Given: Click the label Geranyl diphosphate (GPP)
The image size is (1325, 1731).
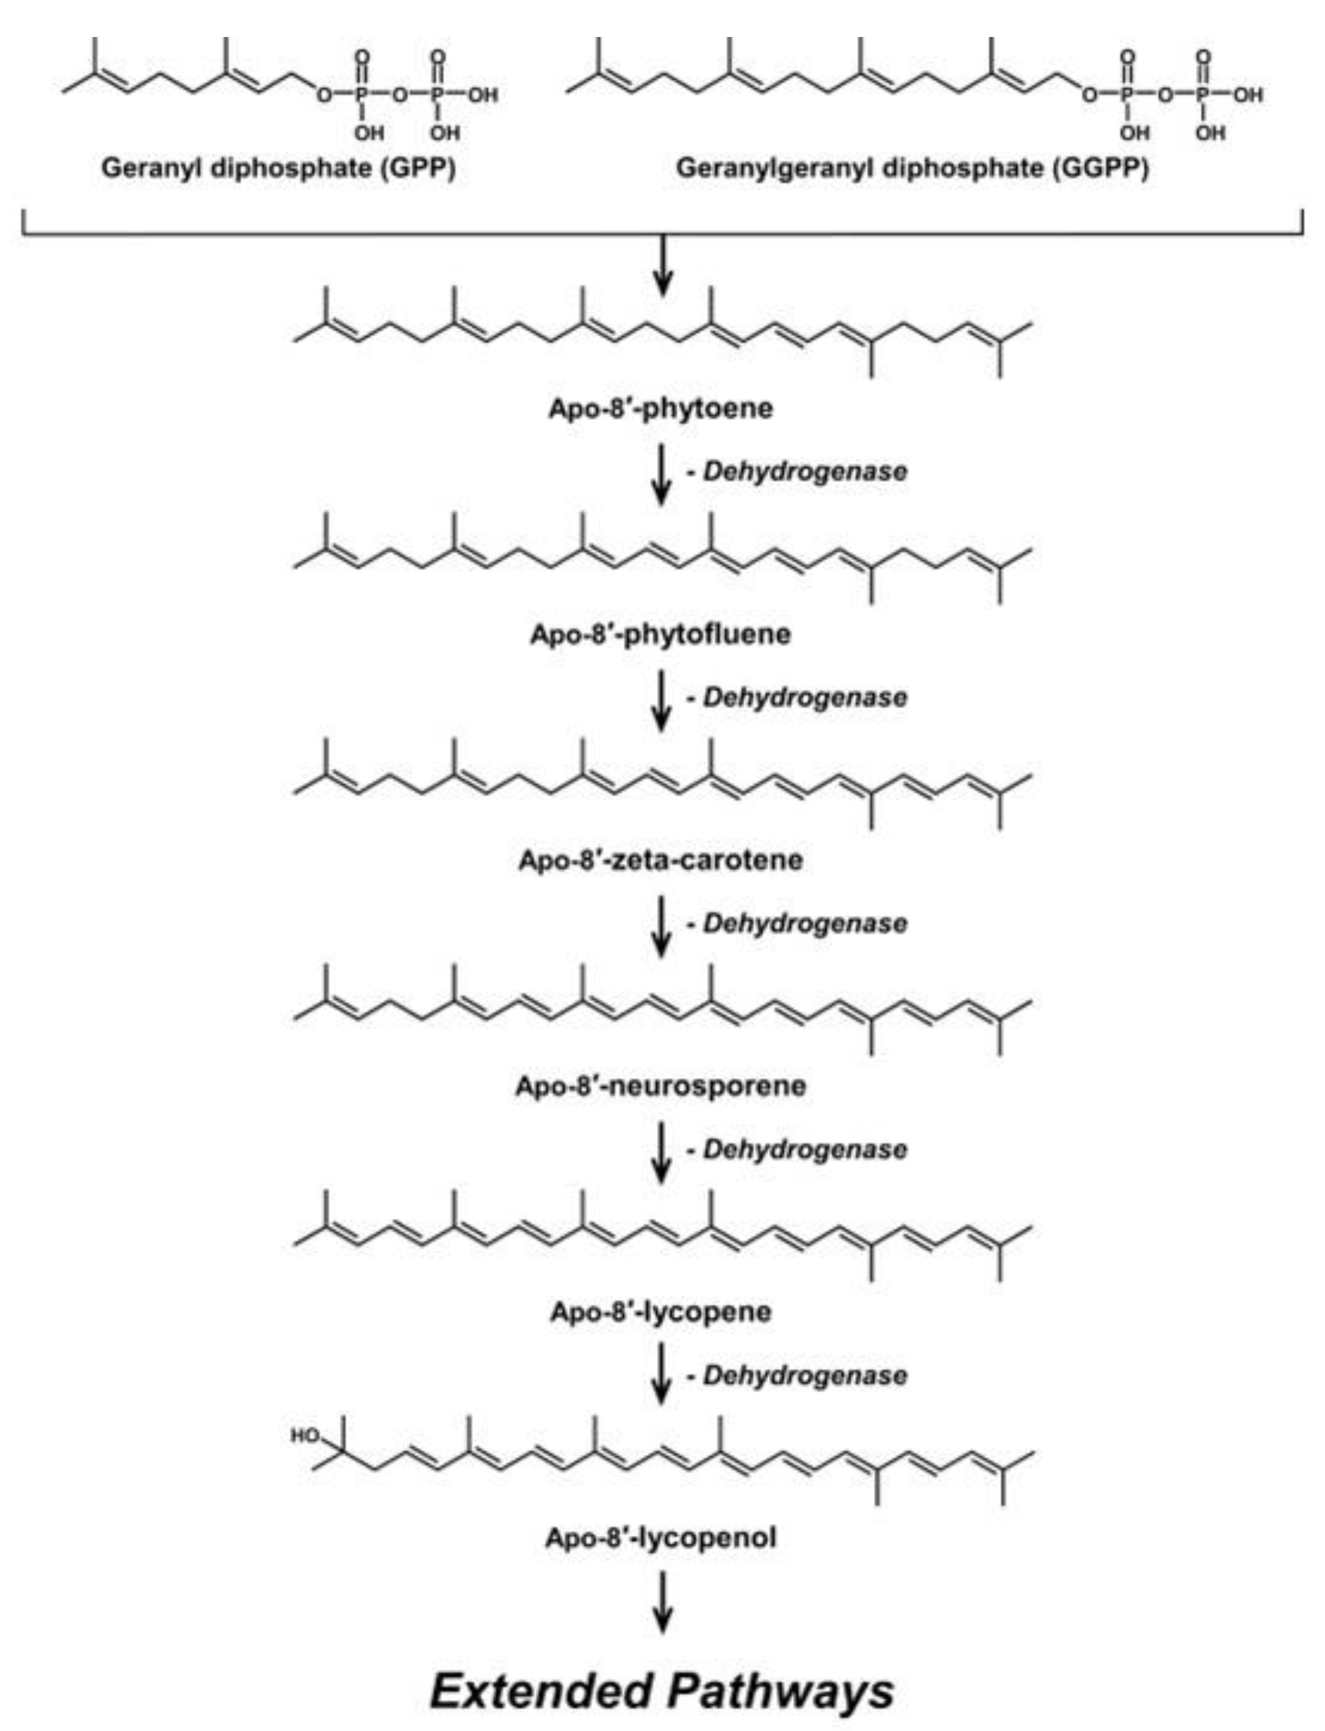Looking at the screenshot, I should [278, 168].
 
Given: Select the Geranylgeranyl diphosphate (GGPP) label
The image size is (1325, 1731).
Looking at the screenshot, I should [912, 168].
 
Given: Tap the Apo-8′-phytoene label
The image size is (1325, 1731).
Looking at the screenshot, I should [661, 409].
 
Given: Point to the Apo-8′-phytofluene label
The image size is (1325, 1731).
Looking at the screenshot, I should [661, 634].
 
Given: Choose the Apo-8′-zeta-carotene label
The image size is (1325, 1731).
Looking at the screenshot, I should [661, 860].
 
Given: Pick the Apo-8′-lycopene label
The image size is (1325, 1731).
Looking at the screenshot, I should [661, 1312].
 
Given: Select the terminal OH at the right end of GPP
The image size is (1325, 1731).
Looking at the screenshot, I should [483, 96].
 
